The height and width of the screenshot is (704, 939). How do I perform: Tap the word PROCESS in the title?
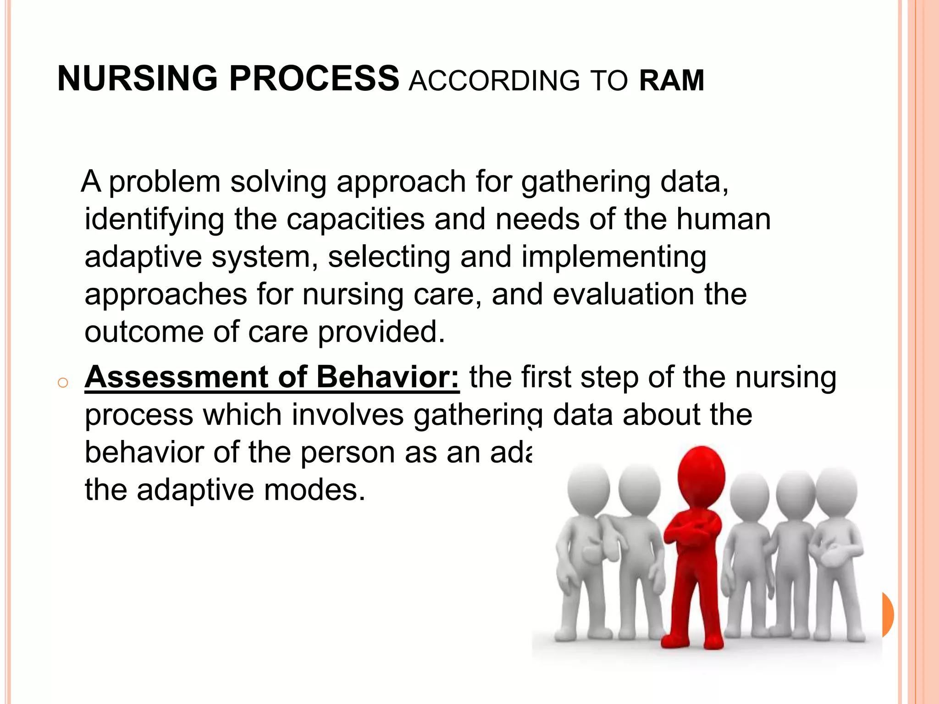click(314, 78)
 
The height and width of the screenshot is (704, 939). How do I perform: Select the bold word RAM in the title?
click(671, 81)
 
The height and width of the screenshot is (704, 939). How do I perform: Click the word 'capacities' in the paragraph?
click(355, 219)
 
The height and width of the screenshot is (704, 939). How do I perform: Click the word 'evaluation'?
click(623, 294)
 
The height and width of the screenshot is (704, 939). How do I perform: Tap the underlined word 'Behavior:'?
click(387, 377)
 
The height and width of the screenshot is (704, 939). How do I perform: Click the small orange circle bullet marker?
click(63, 383)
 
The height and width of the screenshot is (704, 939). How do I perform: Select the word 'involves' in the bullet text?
click(348, 415)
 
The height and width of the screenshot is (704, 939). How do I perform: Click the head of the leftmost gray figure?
click(588, 489)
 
